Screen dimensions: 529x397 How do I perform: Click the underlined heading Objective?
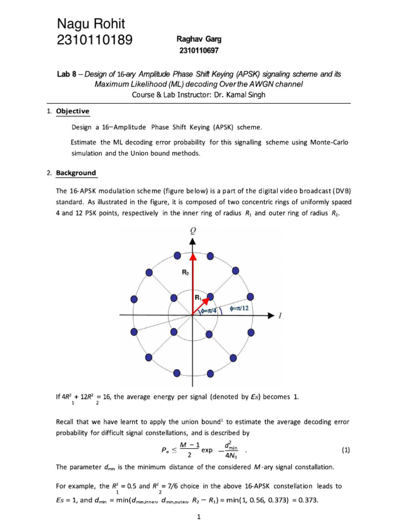coord(72,111)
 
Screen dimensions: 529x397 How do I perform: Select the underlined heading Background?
coord(75,173)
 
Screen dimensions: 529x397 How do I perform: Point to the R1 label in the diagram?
coord(198,297)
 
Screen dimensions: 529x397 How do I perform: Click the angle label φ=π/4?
coord(209,311)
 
